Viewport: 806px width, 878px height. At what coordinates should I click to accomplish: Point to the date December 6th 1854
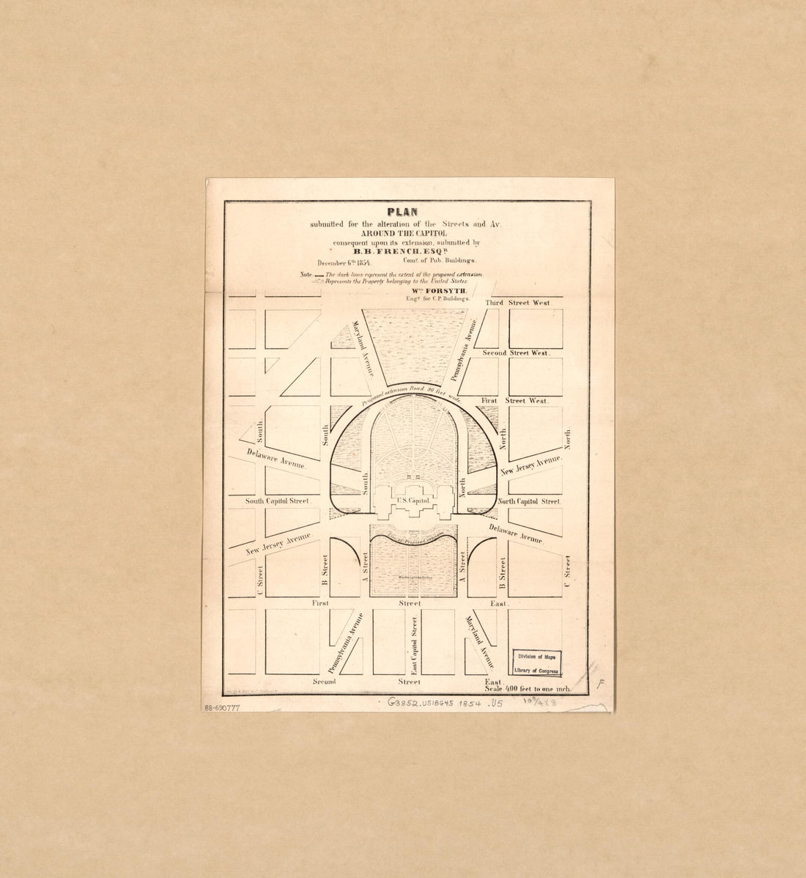344,262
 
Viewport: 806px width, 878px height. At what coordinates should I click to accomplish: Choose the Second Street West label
516,353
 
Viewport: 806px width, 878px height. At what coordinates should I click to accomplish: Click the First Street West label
514,401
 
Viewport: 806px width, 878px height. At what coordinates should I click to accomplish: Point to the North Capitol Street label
529,501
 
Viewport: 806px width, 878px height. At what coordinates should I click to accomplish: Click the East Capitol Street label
415,645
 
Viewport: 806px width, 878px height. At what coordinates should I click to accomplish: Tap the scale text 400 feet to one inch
528,690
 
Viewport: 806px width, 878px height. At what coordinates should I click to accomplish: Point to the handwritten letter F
599,685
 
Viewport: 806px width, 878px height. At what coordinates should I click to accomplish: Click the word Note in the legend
306,274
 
